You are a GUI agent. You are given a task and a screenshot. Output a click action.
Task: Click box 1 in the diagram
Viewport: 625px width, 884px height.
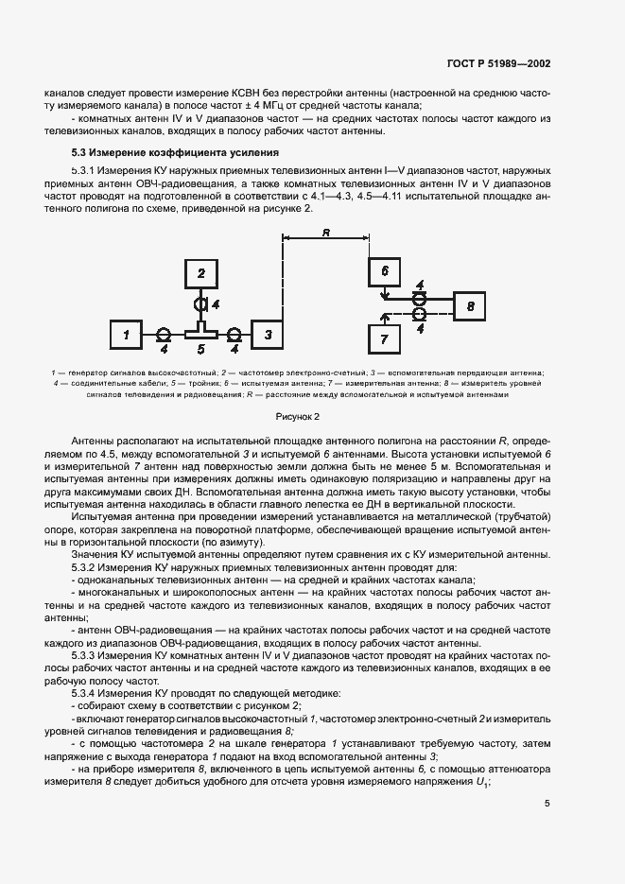coord(129,335)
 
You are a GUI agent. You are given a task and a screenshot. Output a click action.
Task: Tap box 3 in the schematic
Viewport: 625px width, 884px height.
coord(268,335)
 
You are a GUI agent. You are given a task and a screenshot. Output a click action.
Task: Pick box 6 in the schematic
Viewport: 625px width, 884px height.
coord(385,271)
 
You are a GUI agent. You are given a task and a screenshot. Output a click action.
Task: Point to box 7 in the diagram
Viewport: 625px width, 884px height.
coord(385,338)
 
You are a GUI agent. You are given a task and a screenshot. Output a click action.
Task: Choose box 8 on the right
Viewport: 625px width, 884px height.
coord(469,306)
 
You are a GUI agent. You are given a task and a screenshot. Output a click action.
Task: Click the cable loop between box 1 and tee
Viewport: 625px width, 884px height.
coord(163,335)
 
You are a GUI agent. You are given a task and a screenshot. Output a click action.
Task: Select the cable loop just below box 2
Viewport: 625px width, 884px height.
coord(200,304)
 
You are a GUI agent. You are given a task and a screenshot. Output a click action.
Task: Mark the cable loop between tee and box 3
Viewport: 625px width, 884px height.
coord(234,335)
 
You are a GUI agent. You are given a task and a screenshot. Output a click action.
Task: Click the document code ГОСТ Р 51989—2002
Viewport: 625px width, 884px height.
coord(499,64)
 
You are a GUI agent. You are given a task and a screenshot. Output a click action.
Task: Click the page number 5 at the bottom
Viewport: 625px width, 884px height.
coord(547,804)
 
